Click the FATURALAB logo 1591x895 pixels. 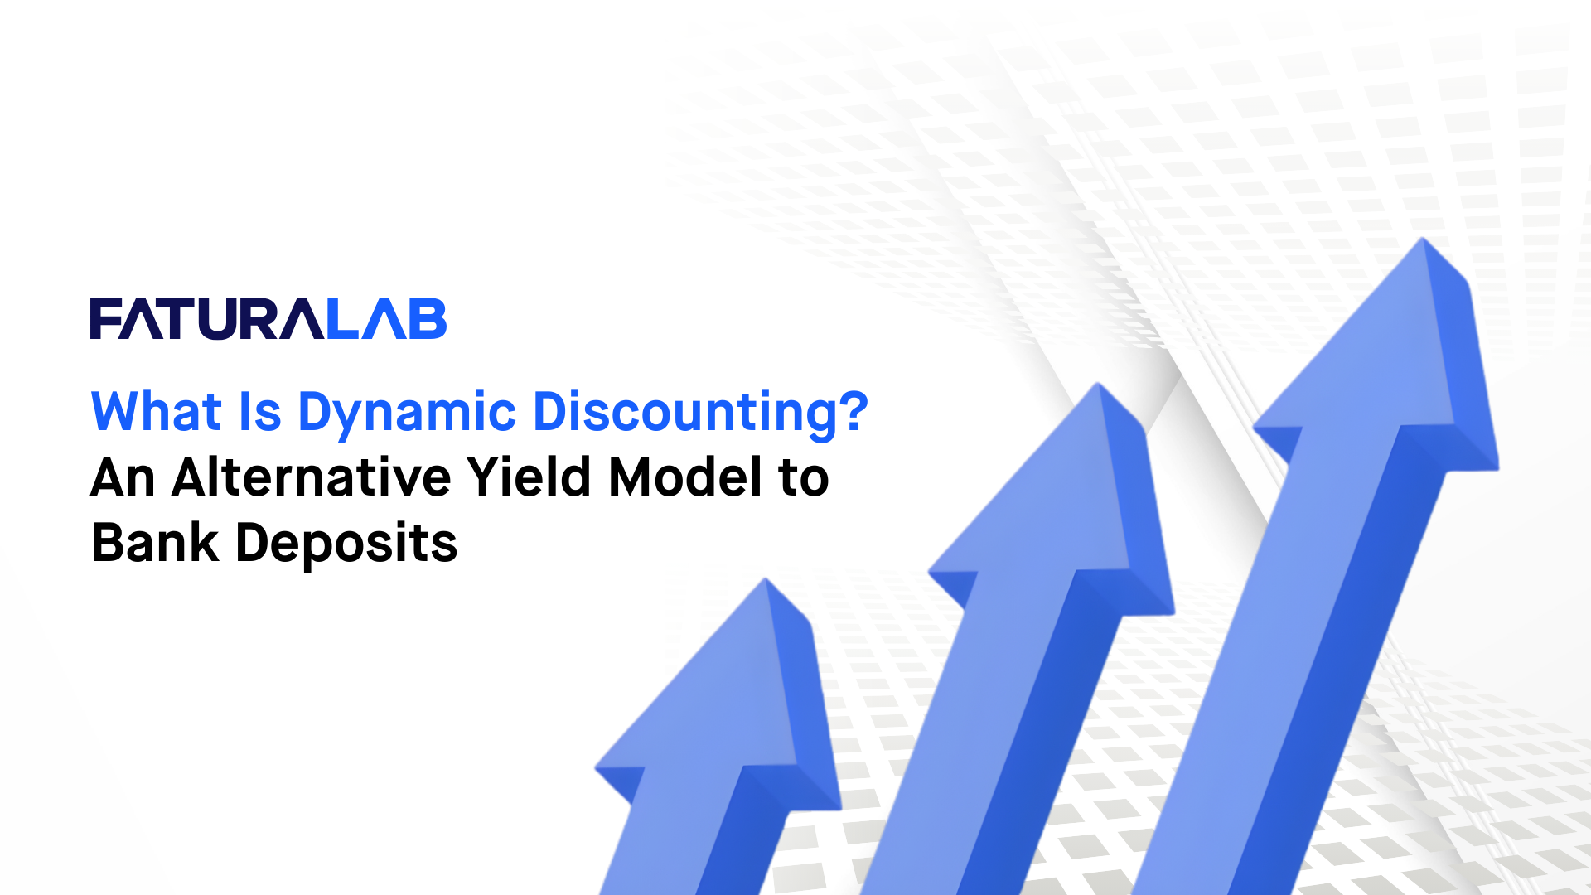pos(268,319)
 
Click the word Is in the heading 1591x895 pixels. pos(260,412)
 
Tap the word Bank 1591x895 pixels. pos(155,544)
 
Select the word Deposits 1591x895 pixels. pos(346,545)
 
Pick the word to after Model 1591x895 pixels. pos(803,479)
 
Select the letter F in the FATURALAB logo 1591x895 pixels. pos(105,319)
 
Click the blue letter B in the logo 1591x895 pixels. pos(428,319)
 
